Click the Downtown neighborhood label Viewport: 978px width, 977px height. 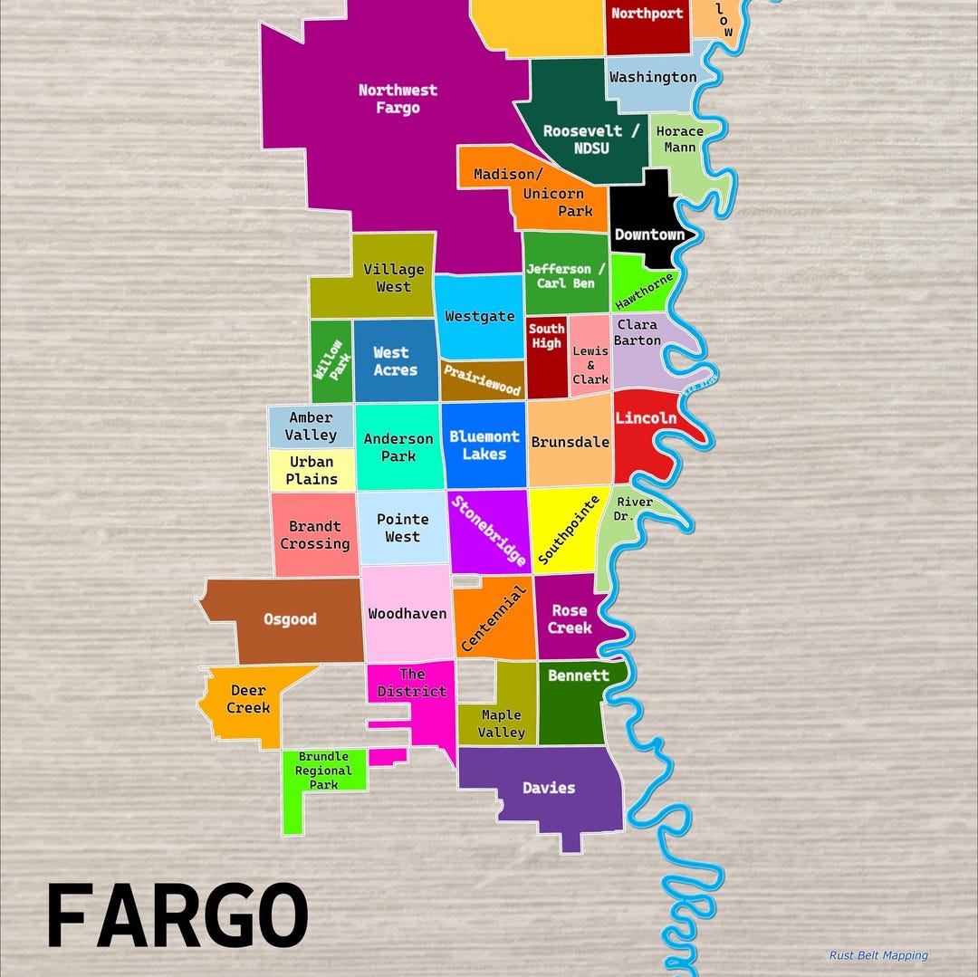pos(649,235)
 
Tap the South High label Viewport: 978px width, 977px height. pos(546,336)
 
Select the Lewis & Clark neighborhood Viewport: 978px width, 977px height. pos(590,365)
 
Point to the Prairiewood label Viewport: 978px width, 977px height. pos(482,380)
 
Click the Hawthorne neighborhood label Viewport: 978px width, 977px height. pos(645,291)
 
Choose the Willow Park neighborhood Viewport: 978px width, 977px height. pos(330,360)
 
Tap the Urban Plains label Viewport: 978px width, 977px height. pos(312,470)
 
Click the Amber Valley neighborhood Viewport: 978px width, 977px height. pos(311,426)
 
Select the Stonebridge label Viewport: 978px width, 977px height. pos(489,531)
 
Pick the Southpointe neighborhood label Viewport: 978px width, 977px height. pos(569,531)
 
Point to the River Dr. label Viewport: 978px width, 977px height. pos(634,509)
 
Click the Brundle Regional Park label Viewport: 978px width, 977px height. pos(323,771)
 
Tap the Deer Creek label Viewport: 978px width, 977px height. pos(248,699)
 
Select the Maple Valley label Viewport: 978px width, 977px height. pos(501,723)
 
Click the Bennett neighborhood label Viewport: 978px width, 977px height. pos(579,675)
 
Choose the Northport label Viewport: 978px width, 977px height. pos(647,14)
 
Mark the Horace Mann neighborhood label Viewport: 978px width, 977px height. pos(679,139)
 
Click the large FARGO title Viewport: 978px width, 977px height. pos(177,916)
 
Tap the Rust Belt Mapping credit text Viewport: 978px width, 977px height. pos(878,955)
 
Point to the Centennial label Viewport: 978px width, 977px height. pos(494,618)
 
